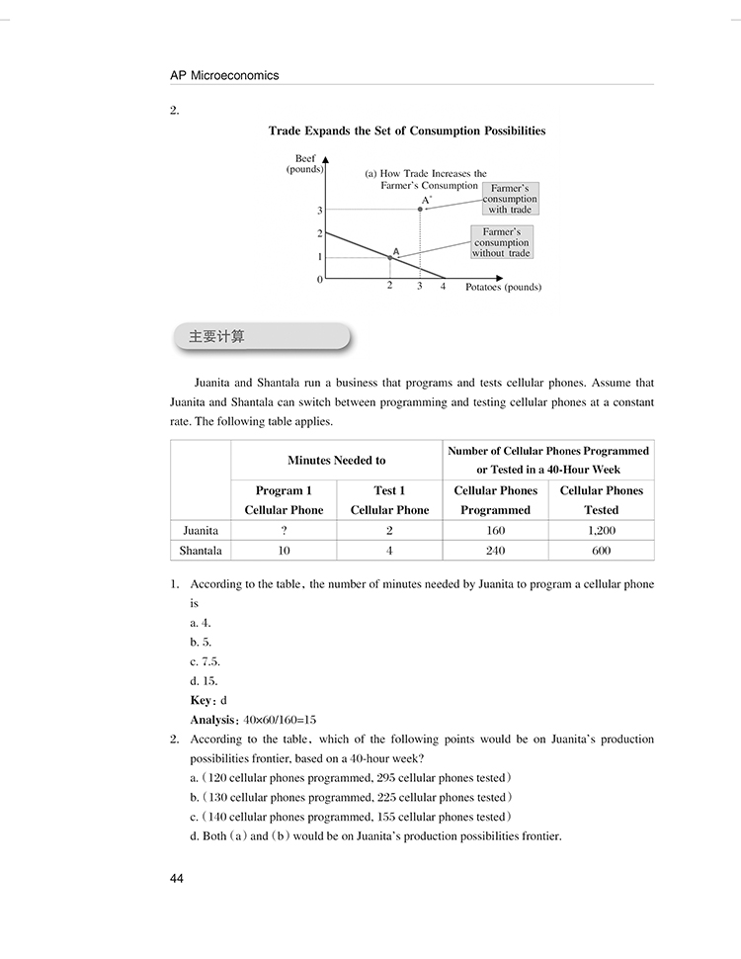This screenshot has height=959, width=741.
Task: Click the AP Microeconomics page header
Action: pyautogui.click(x=224, y=75)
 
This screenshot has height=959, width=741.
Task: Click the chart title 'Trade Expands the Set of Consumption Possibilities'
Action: pyautogui.click(x=407, y=131)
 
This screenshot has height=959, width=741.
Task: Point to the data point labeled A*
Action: pyautogui.click(x=420, y=210)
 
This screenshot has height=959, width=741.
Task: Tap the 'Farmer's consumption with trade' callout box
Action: pyautogui.click(x=510, y=199)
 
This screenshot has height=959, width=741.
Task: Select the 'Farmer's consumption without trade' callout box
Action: pyautogui.click(x=501, y=242)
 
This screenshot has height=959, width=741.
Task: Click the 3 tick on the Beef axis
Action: pyautogui.click(x=320, y=211)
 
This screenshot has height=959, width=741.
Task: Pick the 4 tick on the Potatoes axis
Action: pyautogui.click(x=443, y=287)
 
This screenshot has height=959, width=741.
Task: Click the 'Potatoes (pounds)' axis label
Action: pyautogui.click(x=497, y=287)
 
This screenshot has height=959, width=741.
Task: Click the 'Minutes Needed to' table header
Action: pyautogui.click(x=336, y=460)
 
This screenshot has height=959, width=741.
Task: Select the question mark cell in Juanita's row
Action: pyautogui.click(x=284, y=530)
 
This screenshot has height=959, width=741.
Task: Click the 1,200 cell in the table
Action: pyautogui.click(x=601, y=530)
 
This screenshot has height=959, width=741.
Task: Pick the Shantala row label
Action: pyautogui.click(x=201, y=551)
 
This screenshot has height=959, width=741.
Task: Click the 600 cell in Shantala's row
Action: pyautogui.click(x=601, y=551)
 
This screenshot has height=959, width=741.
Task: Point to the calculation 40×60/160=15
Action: pyautogui.click(x=280, y=720)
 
